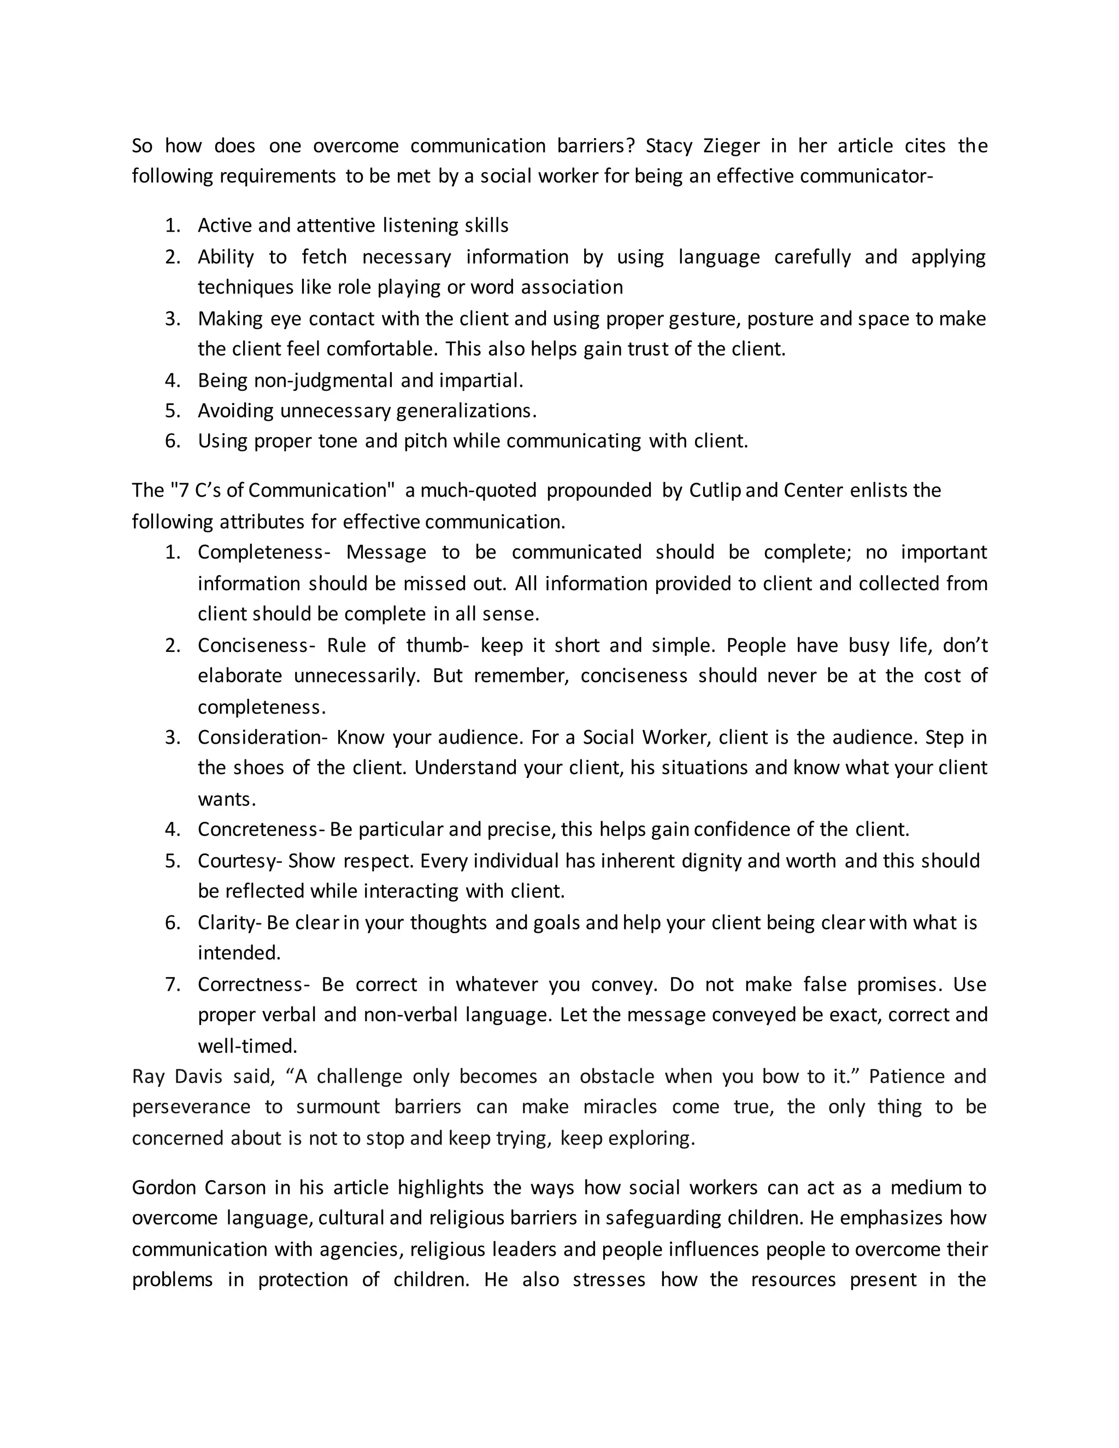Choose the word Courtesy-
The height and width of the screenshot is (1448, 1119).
click(240, 861)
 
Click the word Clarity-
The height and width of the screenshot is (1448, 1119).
click(230, 922)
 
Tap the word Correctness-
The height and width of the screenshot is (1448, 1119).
click(253, 984)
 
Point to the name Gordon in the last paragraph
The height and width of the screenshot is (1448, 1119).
click(162, 1187)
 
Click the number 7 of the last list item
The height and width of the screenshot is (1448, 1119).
click(172, 984)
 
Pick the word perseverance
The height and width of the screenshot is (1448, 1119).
click(191, 1106)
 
